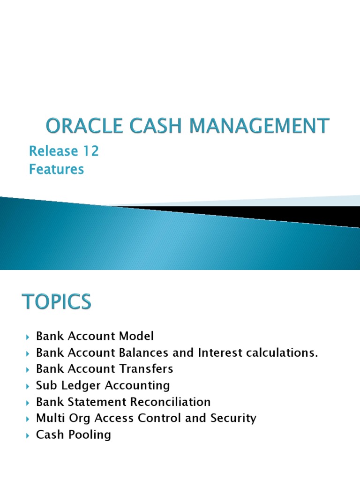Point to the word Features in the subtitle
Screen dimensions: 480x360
[x=56, y=169]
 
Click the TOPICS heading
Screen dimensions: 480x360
[x=57, y=301]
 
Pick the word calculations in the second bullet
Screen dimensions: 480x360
[x=283, y=352]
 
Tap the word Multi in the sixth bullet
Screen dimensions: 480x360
[x=49, y=418]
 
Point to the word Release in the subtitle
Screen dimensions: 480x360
[x=52, y=151]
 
